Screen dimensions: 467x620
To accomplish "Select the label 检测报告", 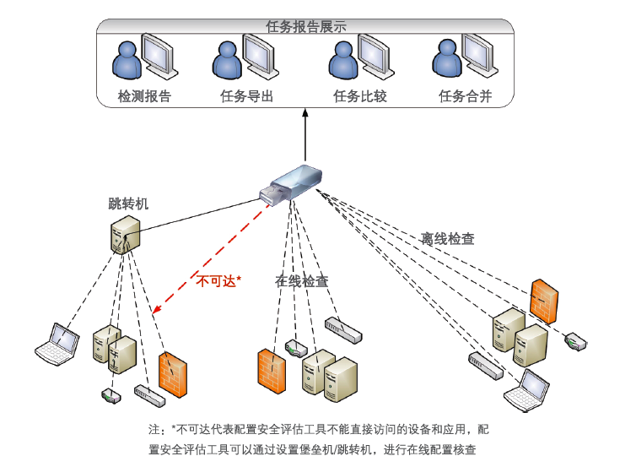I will [x=144, y=96].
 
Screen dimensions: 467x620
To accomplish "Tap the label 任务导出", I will [x=247, y=96].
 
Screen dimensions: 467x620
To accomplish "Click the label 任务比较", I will [x=360, y=96].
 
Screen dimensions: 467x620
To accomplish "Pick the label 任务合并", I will [x=465, y=96].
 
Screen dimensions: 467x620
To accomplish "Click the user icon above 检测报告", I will [x=127, y=60].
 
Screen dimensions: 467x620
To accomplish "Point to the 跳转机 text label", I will [x=128, y=204].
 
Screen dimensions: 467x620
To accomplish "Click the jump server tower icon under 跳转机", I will [x=125, y=234].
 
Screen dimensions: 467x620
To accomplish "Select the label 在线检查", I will [x=302, y=281].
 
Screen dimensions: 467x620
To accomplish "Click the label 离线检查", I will [x=447, y=239].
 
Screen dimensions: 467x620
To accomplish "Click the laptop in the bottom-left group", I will [x=53, y=344].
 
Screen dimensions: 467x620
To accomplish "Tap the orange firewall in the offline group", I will [x=544, y=300].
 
